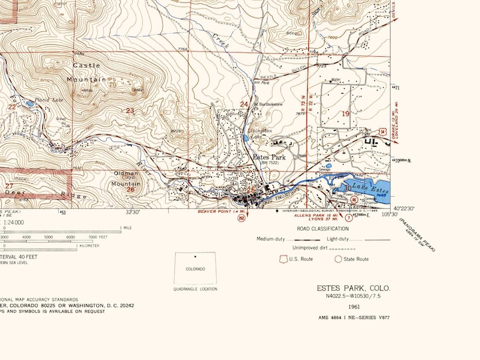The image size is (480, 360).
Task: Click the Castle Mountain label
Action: click(86, 72)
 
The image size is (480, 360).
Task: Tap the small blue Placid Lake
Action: click(30, 103)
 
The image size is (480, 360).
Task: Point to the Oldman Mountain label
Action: click(127, 178)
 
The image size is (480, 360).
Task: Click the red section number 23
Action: click(130, 111)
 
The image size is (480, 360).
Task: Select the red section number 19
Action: click(346, 114)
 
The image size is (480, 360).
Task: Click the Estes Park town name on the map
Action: click(269, 157)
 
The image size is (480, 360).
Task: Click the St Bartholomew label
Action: click(269, 104)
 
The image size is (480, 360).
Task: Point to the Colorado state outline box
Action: click(195, 268)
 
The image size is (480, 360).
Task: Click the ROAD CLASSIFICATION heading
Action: click(322, 229)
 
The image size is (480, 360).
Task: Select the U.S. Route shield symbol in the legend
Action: click(282, 259)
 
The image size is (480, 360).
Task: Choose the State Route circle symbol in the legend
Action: click(339, 259)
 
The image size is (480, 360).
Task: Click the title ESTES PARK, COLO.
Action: click(354, 288)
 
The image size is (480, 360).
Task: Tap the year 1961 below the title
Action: click(354, 306)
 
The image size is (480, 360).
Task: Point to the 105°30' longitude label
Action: click(390, 215)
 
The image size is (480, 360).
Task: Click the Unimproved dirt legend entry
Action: click(314, 248)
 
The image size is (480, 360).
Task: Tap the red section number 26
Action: click(130, 190)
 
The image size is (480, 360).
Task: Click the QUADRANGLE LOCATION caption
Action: click(195, 289)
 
